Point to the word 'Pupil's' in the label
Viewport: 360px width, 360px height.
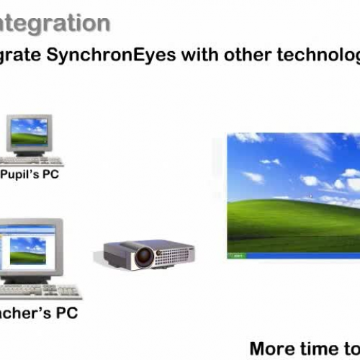coord(22,174)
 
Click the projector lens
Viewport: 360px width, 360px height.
coord(145,255)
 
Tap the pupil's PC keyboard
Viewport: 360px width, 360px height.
coord(32,160)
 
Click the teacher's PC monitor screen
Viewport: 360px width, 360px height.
coord(29,249)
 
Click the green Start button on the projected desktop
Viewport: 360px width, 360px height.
coord(237,255)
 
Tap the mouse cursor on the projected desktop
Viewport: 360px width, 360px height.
coord(311,196)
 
